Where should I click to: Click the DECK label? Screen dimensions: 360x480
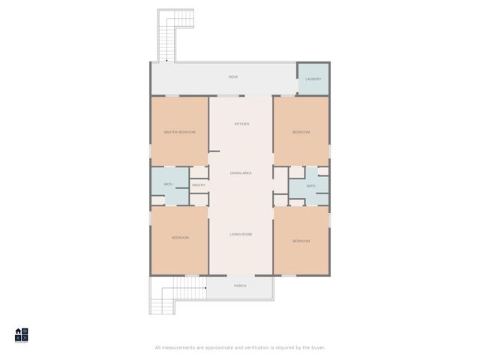tap(233, 77)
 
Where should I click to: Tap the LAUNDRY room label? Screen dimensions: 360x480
tap(313, 79)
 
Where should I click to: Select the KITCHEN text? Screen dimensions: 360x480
tap(241, 124)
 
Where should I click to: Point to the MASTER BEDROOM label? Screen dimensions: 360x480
tap(180, 132)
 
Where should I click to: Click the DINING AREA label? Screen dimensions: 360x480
tap(241, 173)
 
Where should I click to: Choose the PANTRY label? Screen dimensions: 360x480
tap(199, 185)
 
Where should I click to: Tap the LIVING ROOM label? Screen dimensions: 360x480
tap(241, 235)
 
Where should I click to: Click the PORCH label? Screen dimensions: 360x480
tap(240, 286)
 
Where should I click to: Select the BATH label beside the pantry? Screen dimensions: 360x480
tap(169, 184)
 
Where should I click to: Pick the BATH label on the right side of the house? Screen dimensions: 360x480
tap(310, 185)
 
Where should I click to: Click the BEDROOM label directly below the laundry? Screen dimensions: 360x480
tap(301, 132)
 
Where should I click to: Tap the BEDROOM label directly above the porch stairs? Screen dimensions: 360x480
tap(180, 238)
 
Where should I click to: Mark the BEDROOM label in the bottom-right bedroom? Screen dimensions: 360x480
tap(301, 241)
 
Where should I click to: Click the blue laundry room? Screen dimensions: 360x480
tap(313, 84)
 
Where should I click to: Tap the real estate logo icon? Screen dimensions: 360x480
tap(22, 335)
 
